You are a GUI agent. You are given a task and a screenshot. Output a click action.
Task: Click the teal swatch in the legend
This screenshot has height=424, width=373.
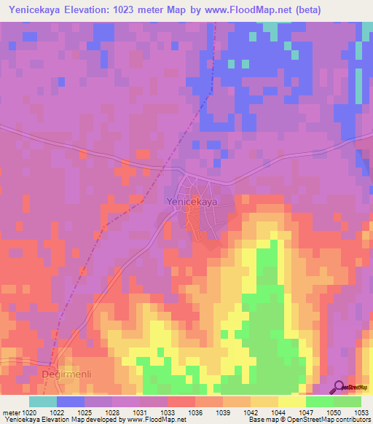point(42,401)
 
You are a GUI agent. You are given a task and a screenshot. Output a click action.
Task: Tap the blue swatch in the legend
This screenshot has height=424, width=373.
point(70,401)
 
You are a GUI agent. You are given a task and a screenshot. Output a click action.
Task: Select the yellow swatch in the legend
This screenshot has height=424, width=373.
point(292,401)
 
